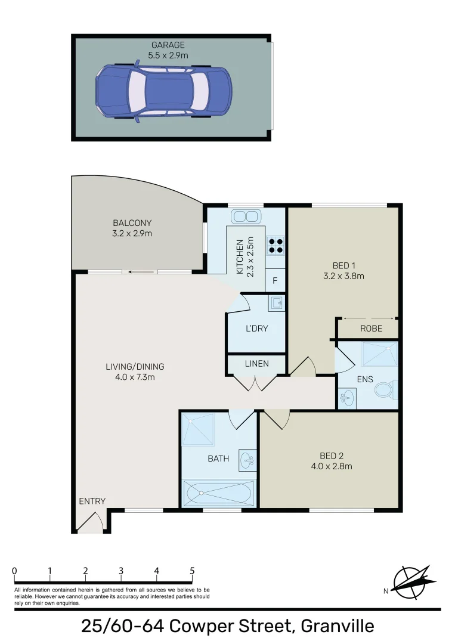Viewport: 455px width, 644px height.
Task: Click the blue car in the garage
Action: [x=163, y=91]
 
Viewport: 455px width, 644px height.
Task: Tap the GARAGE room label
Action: [x=168, y=45]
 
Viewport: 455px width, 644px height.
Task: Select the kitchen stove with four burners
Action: [x=275, y=246]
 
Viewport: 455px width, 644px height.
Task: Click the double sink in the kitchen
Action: [x=246, y=216]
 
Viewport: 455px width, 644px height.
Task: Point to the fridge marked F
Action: [x=275, y=280]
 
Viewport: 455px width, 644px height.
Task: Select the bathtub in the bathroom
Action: [x=219, y=493]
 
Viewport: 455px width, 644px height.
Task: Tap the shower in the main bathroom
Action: [x=198, y=429]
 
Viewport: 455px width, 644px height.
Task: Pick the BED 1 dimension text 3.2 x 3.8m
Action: [x=343, y=275]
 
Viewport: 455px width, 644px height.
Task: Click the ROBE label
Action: [x=370, y=329]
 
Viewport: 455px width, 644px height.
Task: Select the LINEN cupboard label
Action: [x=256, y=363]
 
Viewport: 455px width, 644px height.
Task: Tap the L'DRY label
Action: [x=257, y=329]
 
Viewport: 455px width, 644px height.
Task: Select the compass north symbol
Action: [x=411, y=582]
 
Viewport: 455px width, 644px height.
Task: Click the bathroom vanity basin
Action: [x=247, y=459]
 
